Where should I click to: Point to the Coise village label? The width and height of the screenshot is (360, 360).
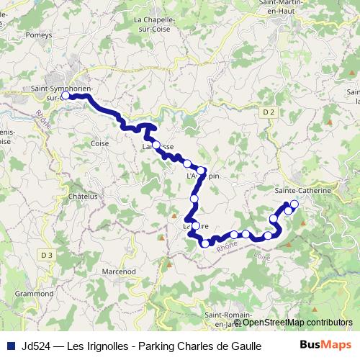(x=99, y=144)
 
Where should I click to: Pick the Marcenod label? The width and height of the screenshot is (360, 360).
(x=119, y=271)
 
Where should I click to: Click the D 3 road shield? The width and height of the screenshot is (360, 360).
(x=47, y=254)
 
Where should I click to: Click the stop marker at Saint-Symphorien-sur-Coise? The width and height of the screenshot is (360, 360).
(x=65, y=95)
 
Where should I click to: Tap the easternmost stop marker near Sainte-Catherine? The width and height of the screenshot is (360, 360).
(x=294, y=204)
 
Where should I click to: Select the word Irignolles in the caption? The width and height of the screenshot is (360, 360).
(x=106, y=344)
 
